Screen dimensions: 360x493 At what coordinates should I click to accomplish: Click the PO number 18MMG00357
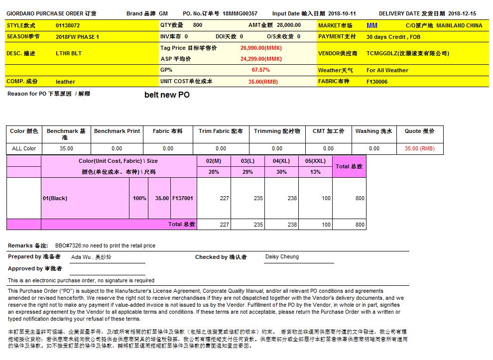(240, 13)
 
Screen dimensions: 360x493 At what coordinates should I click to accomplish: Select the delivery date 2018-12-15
(462, 13)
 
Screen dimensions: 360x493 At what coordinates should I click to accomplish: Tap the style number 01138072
(68, 25)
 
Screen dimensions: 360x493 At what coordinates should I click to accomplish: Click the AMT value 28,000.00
(289, 25)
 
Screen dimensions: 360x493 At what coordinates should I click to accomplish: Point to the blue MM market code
(371, 25)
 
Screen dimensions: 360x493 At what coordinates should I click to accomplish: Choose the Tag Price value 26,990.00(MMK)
(261, 48)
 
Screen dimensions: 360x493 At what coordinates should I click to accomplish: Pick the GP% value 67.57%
(261, 70)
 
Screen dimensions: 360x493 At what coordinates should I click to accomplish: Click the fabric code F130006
(377, 82)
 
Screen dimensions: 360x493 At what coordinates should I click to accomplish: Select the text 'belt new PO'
(167, 95)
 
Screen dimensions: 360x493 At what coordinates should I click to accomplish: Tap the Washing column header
(373, 131)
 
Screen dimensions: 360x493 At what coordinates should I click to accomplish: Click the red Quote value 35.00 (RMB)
(419, 148)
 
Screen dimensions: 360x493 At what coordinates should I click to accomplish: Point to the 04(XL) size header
(281, 161)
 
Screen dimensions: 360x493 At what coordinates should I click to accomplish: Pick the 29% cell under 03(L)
(247, 172)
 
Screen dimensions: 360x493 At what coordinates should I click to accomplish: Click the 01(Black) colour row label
(55, 198)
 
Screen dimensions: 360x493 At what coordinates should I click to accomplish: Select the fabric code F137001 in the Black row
(182, 198)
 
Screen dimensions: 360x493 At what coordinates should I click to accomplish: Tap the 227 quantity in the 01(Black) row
(224, 198)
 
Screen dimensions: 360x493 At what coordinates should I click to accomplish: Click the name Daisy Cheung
(282, 257)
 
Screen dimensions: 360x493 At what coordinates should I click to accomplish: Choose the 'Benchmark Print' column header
(117, 131)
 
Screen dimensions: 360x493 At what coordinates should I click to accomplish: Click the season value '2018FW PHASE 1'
(77, 37)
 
